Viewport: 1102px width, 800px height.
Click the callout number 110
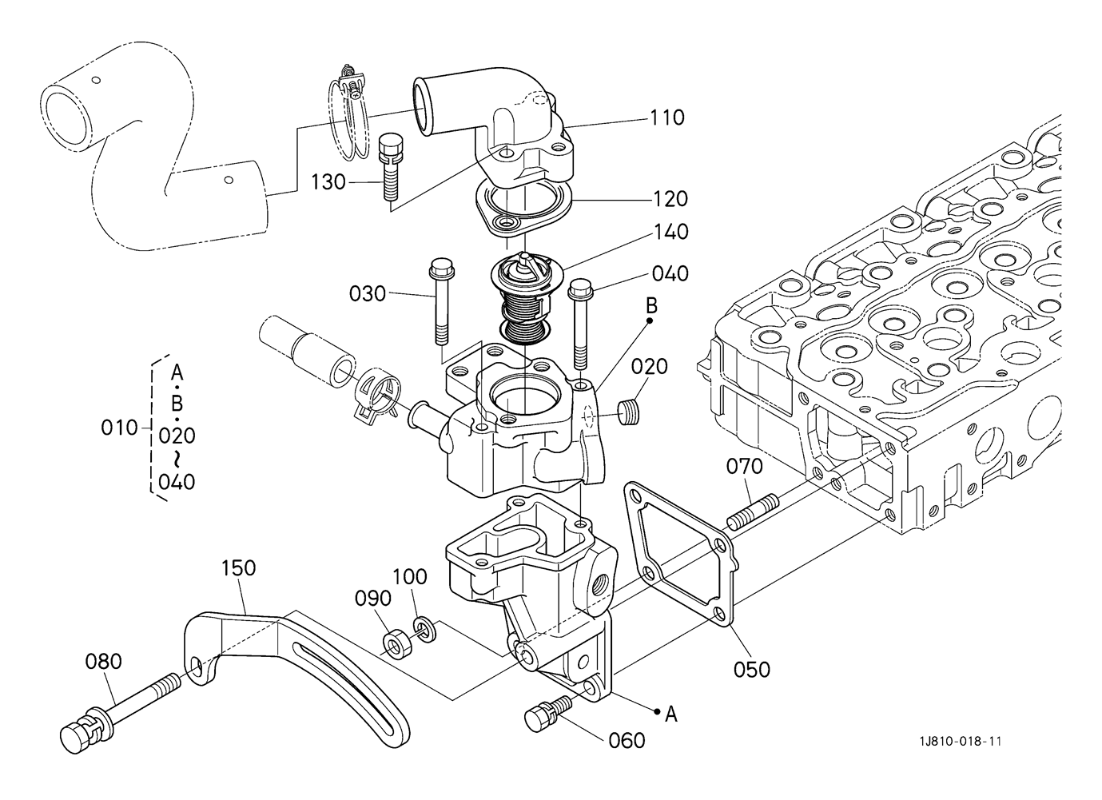667,117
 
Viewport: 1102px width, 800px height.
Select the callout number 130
328,182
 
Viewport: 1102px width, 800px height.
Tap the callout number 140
671,232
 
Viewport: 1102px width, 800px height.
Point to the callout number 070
744,466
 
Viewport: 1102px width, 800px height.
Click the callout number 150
239,567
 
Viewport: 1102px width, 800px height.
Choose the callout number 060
627,740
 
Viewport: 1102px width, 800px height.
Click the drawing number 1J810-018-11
961,741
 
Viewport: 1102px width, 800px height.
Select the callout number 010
119,428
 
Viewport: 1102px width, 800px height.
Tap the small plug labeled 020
628,412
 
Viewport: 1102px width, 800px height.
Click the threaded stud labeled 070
753,512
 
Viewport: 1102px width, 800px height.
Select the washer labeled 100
425,631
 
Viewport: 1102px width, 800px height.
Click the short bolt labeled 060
548,713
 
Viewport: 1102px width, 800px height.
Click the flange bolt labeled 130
391,167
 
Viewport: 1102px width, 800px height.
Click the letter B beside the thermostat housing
650,305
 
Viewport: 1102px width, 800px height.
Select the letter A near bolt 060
671,714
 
